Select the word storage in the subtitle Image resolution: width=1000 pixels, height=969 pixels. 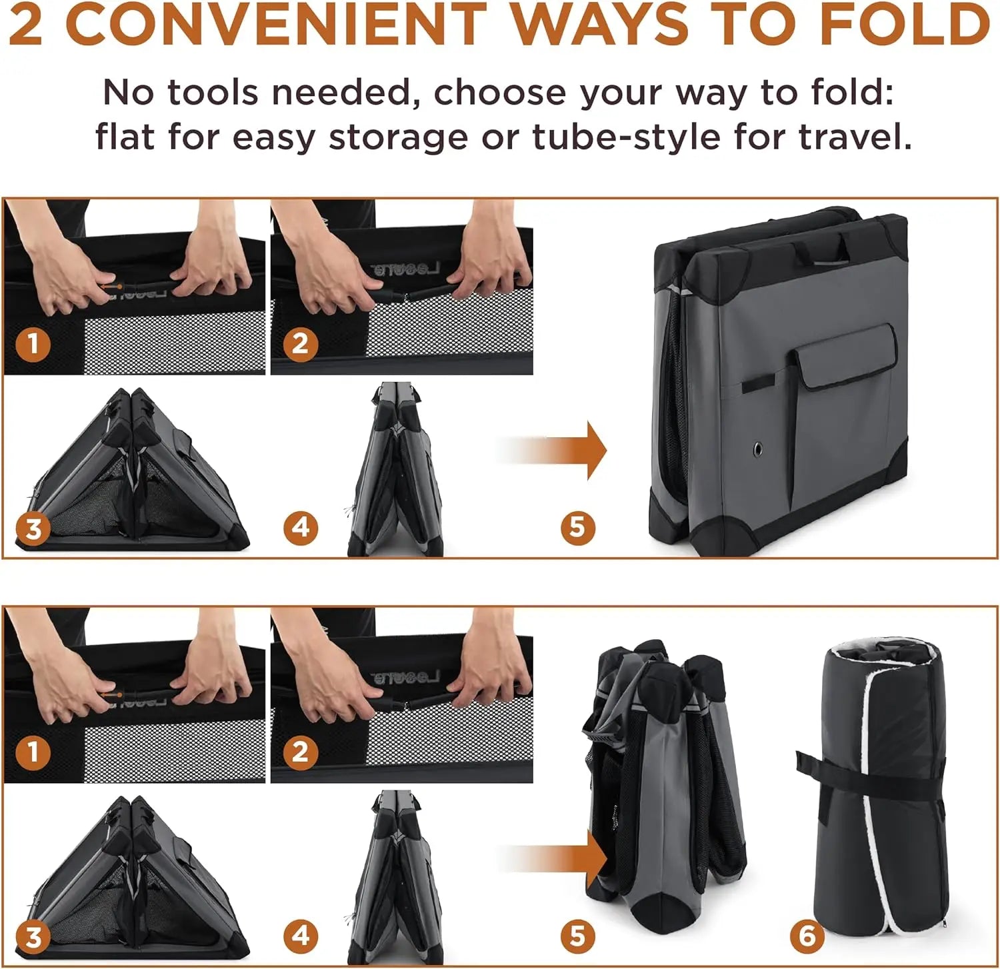pos(399,138)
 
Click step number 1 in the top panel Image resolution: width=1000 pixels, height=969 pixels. pos(33,344)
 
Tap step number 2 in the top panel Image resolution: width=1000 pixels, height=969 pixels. pos(300,344)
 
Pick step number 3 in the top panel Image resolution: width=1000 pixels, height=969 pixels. pos(33,529)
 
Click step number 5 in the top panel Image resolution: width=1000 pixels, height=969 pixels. pos(577,527)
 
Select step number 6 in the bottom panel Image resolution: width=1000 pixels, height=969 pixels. pos(807,936)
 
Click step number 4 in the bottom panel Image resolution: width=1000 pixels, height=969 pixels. pos(301,936)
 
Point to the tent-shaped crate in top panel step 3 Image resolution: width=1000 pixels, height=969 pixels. pos(133,470)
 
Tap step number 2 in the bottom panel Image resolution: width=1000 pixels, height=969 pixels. pos(300,752)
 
